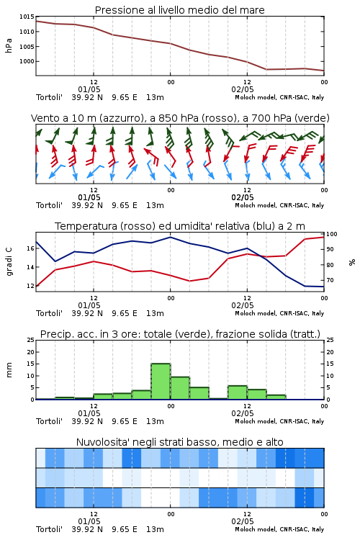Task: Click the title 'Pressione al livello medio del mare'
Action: click(179, 10)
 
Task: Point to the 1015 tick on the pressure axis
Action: click(27, 17)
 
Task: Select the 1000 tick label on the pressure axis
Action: click(27, 61)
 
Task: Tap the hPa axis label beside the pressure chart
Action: click(9, 45)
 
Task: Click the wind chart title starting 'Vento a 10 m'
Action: click(180, 118)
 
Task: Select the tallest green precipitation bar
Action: click(161, 381)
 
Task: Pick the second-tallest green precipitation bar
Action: click(180, 388)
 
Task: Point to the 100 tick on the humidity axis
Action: click(332, 234)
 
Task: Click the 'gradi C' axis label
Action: click(9, 261)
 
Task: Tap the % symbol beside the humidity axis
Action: click(352, 262)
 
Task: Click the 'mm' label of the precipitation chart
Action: click(9, 370)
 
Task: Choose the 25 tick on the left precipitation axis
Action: click(31, 340)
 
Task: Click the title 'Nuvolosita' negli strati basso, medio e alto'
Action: click(179, 442)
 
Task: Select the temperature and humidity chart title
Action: click(180, 226)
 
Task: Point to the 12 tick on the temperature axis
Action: click(31, 286)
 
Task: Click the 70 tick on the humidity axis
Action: click(330, 280)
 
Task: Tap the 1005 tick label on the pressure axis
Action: click(27, 47)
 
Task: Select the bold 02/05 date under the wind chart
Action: click(243, 198)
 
